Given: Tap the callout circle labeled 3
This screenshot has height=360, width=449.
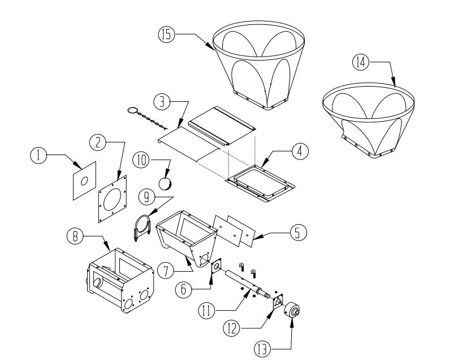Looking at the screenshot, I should [x=163, y=102].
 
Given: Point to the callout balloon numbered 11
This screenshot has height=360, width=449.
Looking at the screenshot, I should [x=205, y=309].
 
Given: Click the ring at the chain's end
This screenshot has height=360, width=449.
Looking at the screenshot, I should [x=133, y=111].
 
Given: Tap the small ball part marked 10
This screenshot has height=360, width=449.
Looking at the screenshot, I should [x=166, y=183].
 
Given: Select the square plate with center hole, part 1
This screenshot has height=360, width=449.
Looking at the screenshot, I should [x=84, y=181].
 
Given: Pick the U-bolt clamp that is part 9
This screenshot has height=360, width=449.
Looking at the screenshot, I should [x=141, y=227].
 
